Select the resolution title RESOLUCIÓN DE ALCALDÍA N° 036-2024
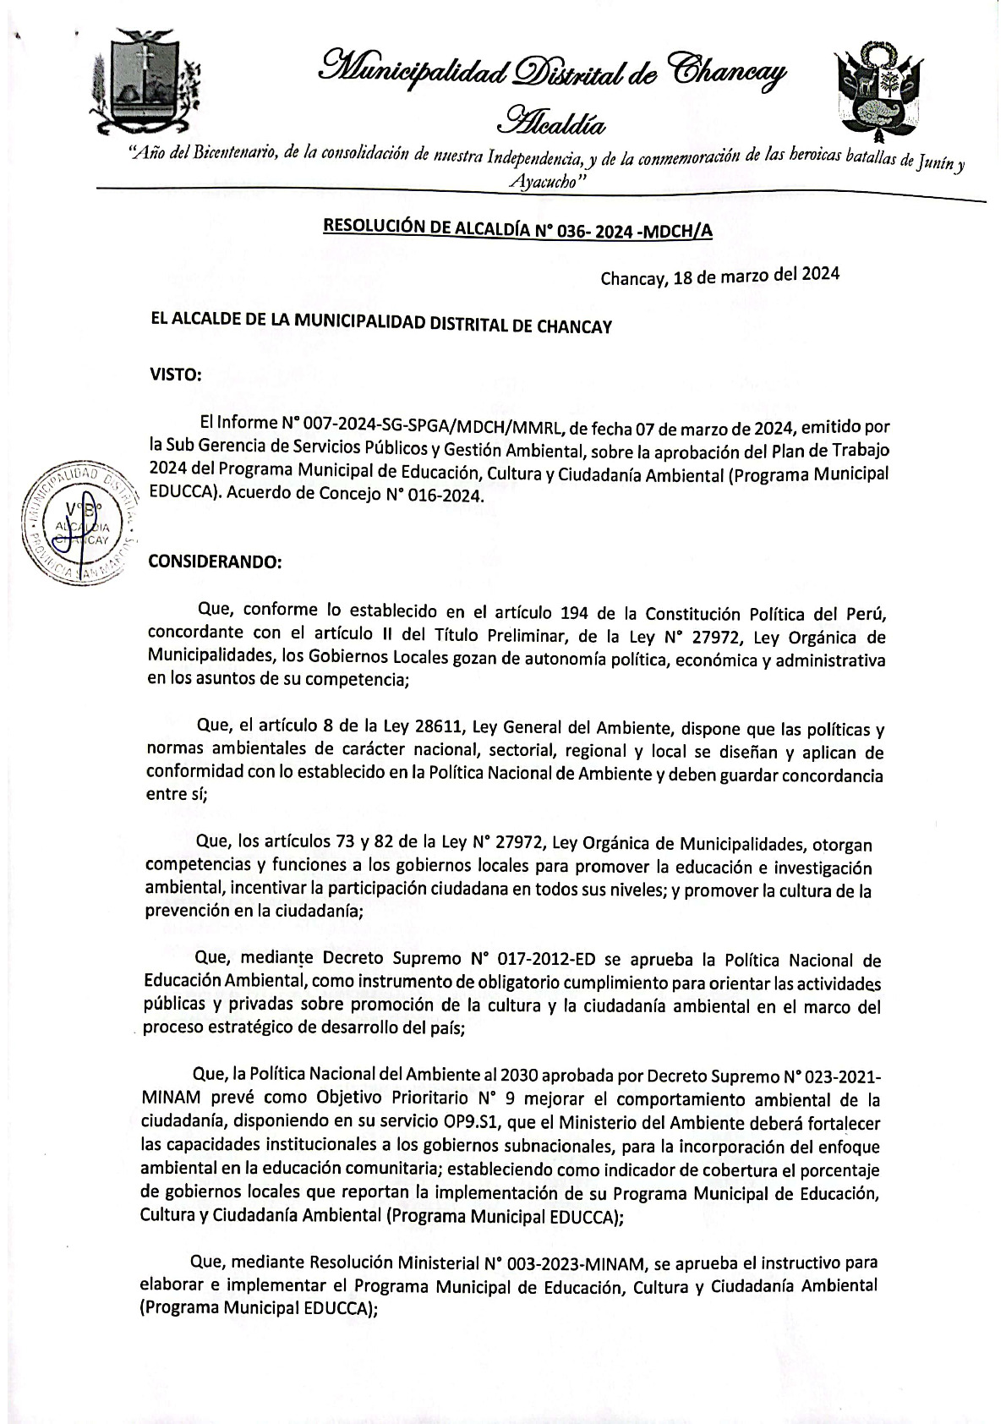click(517, 230)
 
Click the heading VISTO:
click(176, 375)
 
